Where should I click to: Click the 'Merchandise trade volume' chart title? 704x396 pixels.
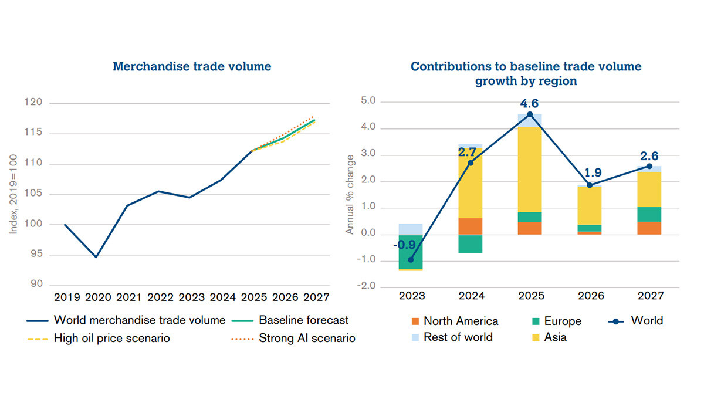(x=192, y=67)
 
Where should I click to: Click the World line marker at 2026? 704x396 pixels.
(x=590, y=185)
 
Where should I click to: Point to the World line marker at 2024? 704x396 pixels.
(x=471, y=163)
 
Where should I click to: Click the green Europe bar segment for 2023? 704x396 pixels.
(x=411, y=252)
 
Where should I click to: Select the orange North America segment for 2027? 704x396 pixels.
(x=649, y=228)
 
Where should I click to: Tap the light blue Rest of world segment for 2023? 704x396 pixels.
(x=411, y=229)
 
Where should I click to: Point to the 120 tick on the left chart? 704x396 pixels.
(x=36, y=103)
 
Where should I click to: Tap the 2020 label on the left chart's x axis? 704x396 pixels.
(x=97, y=297)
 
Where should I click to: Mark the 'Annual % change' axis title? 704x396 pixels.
(x=350, y=195)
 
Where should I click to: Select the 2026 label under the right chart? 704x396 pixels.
(x=589, y=297)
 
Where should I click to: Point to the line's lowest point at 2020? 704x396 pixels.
(x=96, y=257)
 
